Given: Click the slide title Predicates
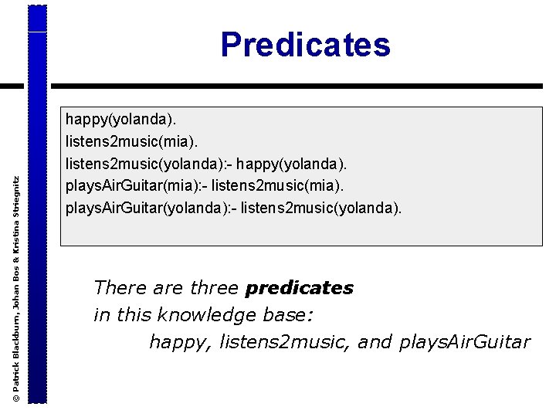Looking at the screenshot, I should coord(305,45).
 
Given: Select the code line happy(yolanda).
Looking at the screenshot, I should coord(120,120).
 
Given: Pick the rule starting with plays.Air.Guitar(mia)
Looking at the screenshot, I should coord(136,186).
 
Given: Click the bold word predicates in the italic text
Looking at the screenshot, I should coord(299,289).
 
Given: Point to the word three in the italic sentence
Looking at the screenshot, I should coord(214,289).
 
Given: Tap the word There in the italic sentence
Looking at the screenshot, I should coord(120,289).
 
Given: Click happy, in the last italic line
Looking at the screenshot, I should coord(181,341).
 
